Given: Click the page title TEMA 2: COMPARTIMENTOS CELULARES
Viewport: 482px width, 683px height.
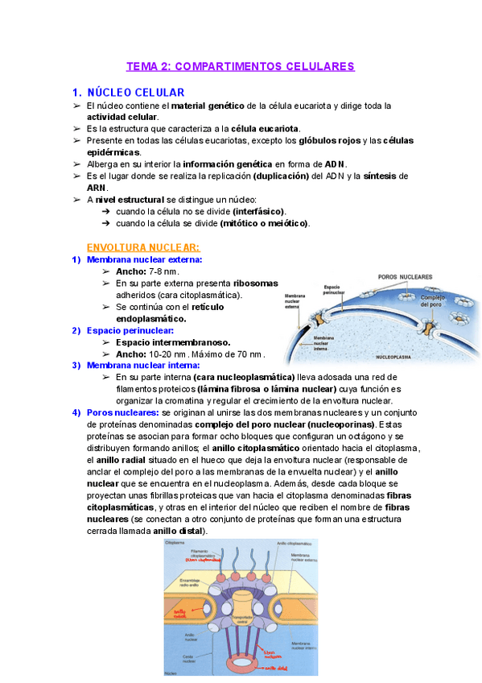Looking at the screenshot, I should [241, 66].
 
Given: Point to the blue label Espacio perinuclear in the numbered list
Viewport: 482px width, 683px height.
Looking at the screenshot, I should [130, 330].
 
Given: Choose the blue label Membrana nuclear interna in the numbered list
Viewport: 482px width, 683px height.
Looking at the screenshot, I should [143, 365].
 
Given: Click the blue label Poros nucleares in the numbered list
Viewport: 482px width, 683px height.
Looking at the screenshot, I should [117, 412].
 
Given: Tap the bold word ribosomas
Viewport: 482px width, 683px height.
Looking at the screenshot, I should [256, 284].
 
